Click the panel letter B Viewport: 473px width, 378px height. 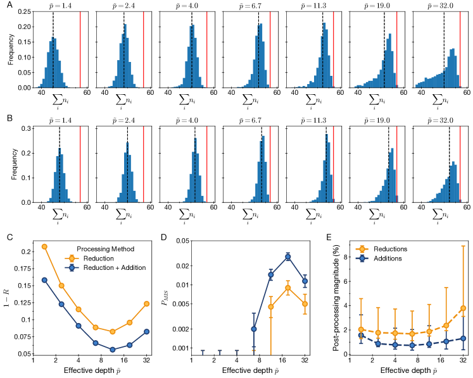(x=8, y=118)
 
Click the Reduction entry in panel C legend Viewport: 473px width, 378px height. (x=100, y=257)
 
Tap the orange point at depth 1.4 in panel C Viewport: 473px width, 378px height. (x=44, y=247)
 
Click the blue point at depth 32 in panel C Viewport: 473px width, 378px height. (x=146, y=331)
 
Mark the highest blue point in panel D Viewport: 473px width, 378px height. (x=288, y=257)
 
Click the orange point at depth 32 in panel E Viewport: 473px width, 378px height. (x=464, y=308)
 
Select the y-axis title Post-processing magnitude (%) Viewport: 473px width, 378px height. (x=329, y=297)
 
